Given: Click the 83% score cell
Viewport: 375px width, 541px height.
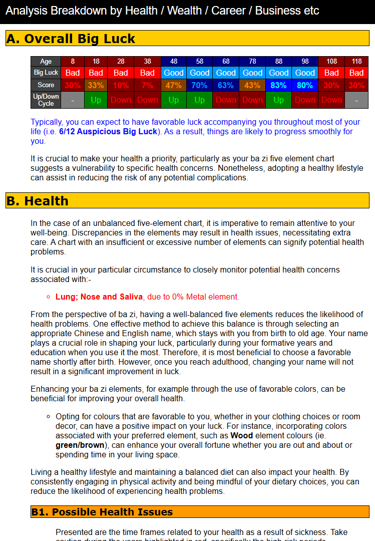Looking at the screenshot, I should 278,85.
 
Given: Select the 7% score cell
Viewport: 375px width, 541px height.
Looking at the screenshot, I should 147,85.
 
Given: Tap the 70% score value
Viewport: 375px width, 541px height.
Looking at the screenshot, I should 199,85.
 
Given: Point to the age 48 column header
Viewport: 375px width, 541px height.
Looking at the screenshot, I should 173,61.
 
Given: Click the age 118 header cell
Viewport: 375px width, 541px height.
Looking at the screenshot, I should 356,61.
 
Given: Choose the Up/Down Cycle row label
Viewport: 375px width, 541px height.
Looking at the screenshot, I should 46,100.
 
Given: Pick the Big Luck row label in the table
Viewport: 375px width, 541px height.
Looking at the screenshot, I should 46,73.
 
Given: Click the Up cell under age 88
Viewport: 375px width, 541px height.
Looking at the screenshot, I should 278,100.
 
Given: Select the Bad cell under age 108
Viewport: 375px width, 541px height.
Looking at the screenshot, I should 331,73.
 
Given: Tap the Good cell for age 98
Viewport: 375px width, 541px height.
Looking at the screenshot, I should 304,73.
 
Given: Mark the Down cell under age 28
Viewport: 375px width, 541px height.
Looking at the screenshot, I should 121,100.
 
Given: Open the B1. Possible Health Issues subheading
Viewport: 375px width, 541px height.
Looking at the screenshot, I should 102,512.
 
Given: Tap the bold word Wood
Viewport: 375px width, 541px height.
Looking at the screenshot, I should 241,436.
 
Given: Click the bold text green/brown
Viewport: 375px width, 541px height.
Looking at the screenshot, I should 80,445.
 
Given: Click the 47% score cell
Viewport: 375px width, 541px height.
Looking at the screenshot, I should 173,85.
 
